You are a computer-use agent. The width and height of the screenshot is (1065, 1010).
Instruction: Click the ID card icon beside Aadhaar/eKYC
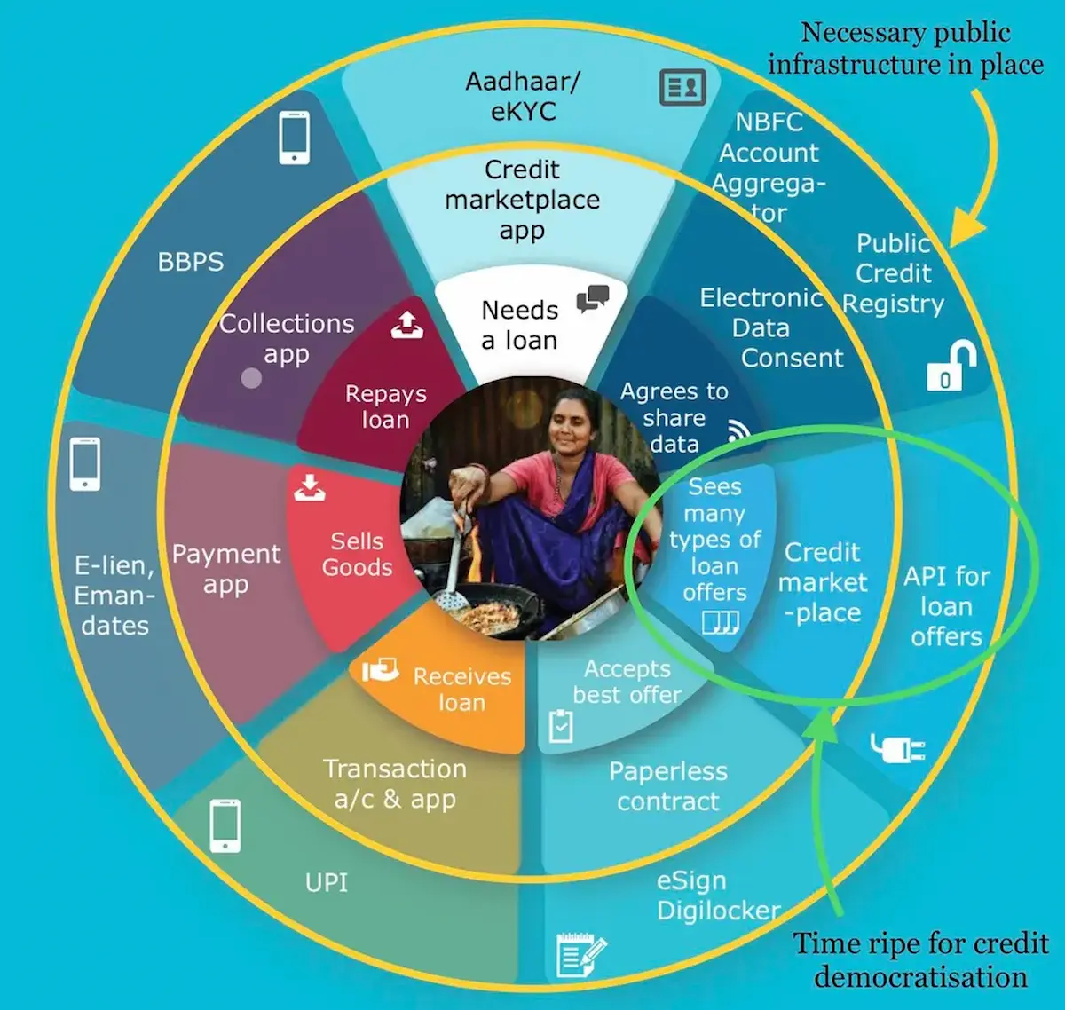click(682, 87)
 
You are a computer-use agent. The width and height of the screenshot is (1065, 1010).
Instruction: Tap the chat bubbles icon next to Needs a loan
click(592, 299)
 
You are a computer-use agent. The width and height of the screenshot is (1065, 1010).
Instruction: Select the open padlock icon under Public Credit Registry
click(951, 367)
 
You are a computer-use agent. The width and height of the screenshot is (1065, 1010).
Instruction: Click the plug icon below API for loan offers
click(897, 748)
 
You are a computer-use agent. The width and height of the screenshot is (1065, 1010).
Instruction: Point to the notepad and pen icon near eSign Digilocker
click(580, 956)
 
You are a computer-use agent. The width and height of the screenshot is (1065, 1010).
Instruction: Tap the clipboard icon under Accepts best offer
click(561, 725)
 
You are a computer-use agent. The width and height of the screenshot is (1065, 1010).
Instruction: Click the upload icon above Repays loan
click(407, 326)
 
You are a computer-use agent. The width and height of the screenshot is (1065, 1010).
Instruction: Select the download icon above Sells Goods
click(309, 486)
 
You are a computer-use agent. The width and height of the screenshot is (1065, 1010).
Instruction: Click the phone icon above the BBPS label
click(294, 138)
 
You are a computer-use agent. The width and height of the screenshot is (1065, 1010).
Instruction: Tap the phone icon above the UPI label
click(225, 825)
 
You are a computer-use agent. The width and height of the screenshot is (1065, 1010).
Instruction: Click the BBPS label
click(191, 263)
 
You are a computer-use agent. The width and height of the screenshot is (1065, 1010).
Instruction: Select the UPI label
click(327, 883)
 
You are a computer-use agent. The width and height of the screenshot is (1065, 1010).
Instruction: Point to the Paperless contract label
click(668, 786)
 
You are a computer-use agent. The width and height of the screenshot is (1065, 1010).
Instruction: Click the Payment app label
click(226, 569)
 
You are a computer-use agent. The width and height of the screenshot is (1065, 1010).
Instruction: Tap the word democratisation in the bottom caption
click(920, 977)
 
